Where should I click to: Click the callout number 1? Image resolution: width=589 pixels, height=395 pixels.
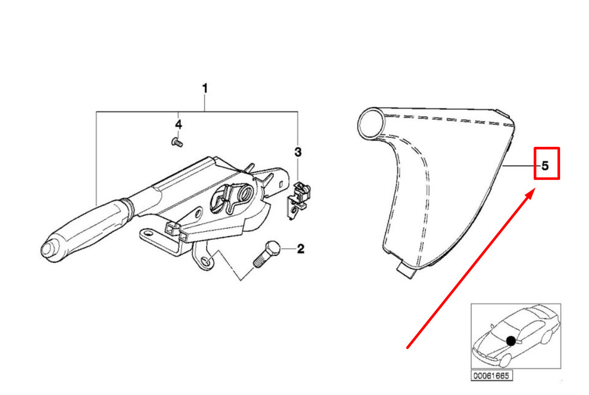point(205,88)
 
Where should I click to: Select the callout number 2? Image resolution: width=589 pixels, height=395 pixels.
point(300,249)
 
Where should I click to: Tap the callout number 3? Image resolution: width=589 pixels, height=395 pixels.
point(298,153)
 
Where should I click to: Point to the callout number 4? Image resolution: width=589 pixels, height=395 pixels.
point(178,124)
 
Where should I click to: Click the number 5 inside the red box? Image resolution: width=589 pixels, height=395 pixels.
point(545,166)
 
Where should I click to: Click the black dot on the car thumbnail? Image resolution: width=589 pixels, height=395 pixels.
point(510,340)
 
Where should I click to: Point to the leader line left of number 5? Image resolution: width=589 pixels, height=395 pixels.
point(520,167)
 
